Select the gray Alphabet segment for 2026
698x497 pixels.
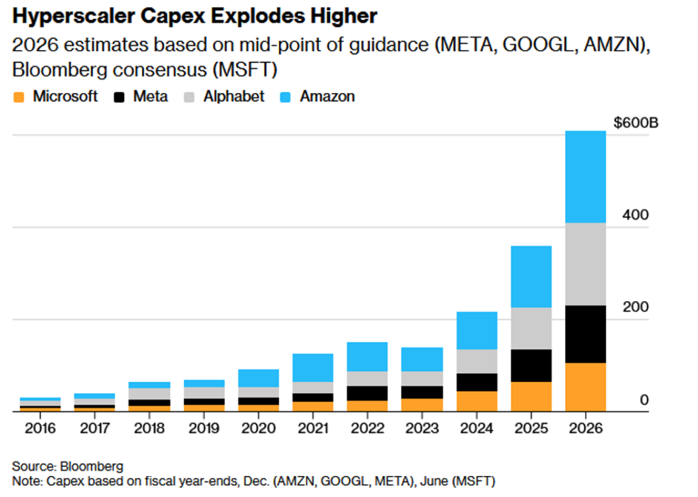(586, 264)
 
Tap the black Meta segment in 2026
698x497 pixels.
(586, 334)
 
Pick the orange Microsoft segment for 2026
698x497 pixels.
(586, 387)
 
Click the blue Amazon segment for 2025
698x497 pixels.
(531, 276)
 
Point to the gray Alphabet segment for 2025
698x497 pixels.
(531, 328)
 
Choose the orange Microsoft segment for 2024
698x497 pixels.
(476, 401)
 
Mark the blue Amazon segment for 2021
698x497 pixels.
(313, 367)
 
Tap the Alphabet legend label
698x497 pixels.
(233, 96)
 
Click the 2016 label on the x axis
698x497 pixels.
(40, 429)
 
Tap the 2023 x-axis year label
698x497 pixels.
(422, 429)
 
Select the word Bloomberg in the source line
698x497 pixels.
(90, 466)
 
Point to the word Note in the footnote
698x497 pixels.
(26, 481)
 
